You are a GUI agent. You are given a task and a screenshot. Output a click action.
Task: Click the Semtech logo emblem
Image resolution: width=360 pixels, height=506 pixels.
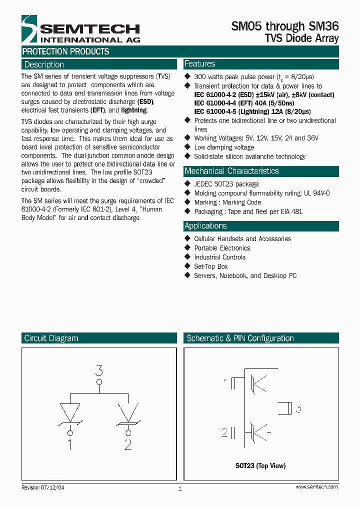(x=29, y=29)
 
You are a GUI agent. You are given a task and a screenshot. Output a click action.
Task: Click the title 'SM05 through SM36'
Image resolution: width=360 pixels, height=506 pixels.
(x=285, y=26)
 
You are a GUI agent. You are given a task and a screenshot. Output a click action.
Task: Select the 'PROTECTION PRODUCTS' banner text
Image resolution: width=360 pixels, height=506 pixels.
(x=65, y=51)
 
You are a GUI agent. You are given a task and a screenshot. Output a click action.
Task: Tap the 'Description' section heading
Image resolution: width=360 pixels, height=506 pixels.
(x=44, y=64)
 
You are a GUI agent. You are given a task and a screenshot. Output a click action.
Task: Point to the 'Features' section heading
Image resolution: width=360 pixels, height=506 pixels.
(x=199, y=64)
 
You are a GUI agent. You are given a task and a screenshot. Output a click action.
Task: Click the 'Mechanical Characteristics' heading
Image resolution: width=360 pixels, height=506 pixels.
(x=231, y=171)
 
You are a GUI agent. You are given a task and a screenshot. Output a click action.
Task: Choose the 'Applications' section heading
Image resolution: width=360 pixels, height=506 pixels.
(x=205, y=226)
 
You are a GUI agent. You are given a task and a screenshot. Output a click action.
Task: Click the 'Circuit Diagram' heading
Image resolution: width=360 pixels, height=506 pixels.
(x=51, y=338)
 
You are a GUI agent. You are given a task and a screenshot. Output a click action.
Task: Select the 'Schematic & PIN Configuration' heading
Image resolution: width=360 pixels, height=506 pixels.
(x=240, y=338)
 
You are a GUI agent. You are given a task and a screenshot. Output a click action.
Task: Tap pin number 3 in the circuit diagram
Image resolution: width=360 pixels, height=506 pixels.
(x=99, y=370)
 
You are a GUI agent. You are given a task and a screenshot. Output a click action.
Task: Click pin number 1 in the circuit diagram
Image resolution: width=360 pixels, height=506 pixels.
(x=69, y=444)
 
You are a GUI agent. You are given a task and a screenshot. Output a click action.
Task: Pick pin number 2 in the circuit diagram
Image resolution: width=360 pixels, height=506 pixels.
(x=128, y=444)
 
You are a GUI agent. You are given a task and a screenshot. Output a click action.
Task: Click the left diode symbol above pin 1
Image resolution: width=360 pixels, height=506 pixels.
(x=69, y=413)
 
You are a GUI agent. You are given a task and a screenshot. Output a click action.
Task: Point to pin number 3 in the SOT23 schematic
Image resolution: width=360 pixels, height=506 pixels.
(x=298, y=408)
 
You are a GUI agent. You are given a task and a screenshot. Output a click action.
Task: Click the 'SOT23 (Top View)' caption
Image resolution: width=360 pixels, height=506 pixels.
(x=260, y=466)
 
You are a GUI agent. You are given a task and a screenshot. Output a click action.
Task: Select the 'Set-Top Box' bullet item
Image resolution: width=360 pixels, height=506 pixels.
(x=210, y=266)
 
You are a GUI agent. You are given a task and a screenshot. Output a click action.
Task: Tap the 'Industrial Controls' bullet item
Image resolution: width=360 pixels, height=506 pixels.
(x=219, y=257)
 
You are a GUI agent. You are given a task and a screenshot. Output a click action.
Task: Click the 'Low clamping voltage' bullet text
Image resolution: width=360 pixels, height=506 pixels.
(x=224, y=147)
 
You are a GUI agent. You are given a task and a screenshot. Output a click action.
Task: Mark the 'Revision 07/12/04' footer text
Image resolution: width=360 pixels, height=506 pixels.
(x=42, y=487)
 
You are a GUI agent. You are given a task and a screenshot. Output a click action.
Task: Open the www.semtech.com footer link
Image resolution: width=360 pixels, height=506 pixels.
(x=316, y=487)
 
